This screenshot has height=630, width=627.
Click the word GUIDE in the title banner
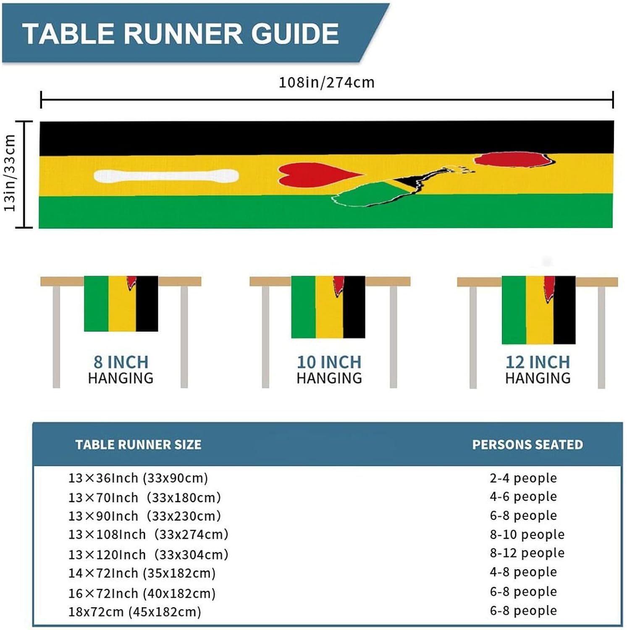pos(295,34)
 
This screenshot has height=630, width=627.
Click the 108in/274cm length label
pos(326,82)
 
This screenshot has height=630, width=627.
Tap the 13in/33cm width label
pos(10,173)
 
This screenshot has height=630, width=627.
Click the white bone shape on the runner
pos(166,176)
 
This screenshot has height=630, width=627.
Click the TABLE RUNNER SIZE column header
pos(138,445)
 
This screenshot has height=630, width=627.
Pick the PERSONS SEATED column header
pos(527,445)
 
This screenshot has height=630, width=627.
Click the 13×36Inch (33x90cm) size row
pos(138,478)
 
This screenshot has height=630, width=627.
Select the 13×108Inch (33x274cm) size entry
pos(148,534)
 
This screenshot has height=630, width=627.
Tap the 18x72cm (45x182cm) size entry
pos(135,612)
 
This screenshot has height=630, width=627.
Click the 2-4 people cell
pos(523,478)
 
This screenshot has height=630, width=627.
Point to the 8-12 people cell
pos(527,553)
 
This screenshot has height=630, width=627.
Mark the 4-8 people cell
pos(523,572)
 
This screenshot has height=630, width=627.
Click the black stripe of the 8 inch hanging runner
pos(147,304)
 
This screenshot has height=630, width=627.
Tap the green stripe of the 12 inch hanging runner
pos(514,310)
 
